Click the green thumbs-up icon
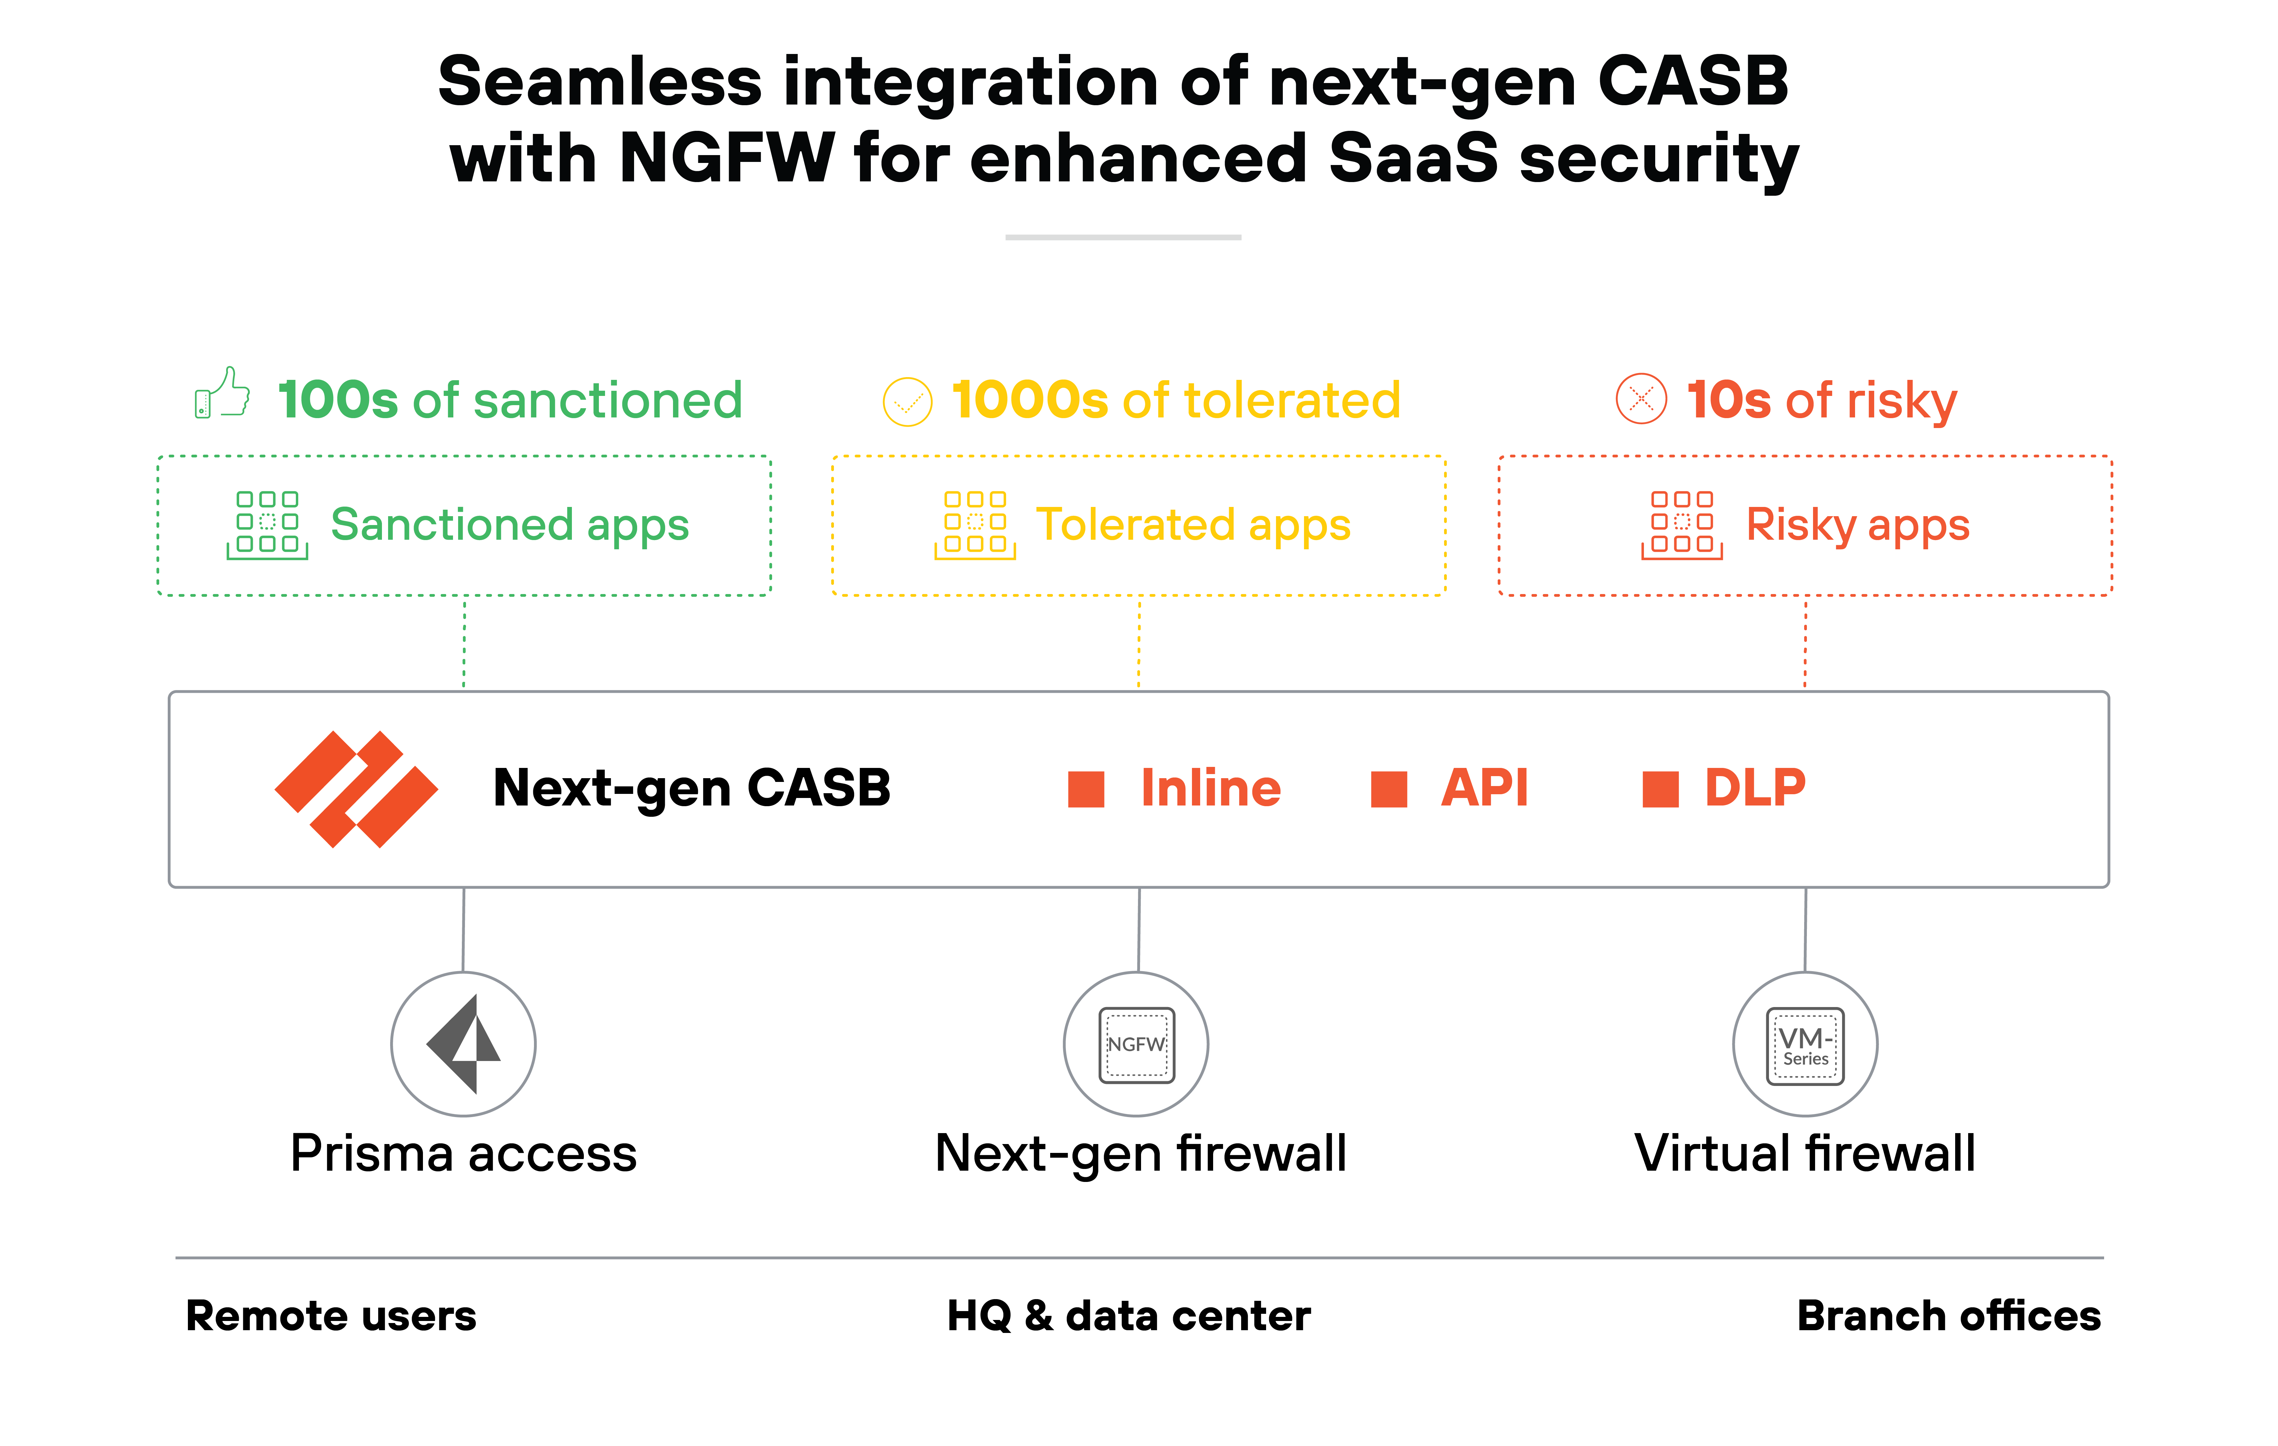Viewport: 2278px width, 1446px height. (x=222, y=394)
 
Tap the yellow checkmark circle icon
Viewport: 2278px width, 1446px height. (x=907, y=402)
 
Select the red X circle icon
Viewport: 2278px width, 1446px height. (x=1641, y=399)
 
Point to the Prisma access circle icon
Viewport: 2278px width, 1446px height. (x=464, y=1044)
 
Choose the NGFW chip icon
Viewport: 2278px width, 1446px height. (x=1136, y=1044)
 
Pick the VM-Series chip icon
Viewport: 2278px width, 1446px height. (x=1805, y=1046)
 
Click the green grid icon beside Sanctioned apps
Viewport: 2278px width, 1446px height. (x=268, y=525)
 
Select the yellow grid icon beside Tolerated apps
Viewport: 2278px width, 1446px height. (x=975, y=525)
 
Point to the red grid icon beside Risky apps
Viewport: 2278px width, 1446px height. (x=1682, y=525)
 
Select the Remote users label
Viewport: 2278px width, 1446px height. (x=331, y=1316)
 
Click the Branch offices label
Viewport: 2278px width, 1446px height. (x=1949, y=1316)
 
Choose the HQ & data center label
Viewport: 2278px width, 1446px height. (x=1129, y=1316)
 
